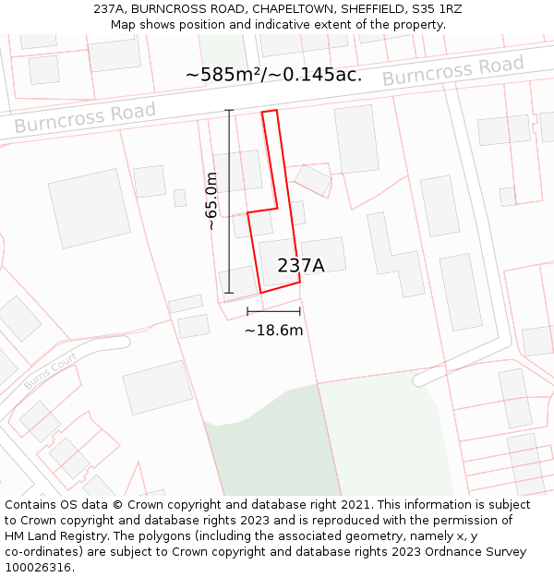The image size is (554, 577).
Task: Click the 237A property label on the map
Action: point(301,266)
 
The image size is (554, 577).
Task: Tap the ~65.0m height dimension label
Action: point(211,201)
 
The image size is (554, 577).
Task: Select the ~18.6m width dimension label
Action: point(273,331)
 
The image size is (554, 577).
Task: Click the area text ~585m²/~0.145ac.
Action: point(273,75)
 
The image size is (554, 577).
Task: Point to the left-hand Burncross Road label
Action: point(85,117)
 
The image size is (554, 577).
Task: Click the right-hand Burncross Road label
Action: point(452,71)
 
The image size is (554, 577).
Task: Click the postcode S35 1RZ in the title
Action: point(437,9)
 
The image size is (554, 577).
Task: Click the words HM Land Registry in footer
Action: point(51,536)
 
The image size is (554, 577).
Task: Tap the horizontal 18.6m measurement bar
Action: point(273,311)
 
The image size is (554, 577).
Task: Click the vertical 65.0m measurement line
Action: point(229,201)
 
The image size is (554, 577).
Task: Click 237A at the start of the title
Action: point(111,9)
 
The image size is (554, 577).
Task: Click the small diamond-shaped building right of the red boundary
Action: point(313,180)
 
